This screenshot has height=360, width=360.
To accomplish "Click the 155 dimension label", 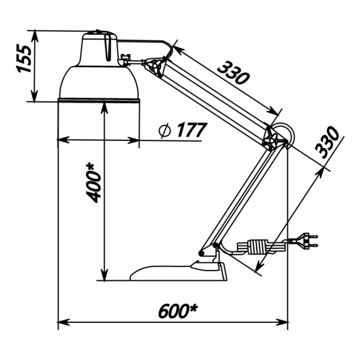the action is coord(23,59).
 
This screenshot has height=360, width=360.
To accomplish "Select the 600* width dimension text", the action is coord(178,311).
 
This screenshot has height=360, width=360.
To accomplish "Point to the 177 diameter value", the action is coord(192,130).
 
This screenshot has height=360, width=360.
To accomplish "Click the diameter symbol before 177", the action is coord(165,130).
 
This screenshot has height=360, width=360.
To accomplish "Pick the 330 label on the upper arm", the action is coord(233,73).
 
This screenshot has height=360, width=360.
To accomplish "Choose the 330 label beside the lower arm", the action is coord(327,142).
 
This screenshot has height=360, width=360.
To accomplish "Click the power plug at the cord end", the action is coord(303,241).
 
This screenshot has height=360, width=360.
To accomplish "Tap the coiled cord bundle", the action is coord(257,247).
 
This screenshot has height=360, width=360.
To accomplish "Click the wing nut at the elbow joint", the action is coord(271,140).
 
